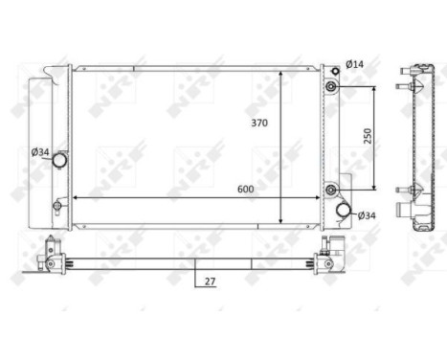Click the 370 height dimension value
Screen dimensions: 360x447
(x=258, y=124)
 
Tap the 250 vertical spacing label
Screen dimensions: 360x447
(x=369, y=136)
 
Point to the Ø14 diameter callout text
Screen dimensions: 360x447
(x=354, y=64)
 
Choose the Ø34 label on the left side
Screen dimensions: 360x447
(x=40, y=151)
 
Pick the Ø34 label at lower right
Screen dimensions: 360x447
(x=367, y=215)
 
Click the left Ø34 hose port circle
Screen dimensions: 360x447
(x=59, y=160)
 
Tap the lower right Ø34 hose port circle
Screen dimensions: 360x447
(x=343, y=211)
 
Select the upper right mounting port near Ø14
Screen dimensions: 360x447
(x=330, y=88)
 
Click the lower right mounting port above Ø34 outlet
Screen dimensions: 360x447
(x=330, y=189)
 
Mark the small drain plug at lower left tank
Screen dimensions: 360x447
(x=56, y=204)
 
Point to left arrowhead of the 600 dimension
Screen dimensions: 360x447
(x=77, y=198)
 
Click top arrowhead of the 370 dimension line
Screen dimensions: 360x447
(x=279, y=74)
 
